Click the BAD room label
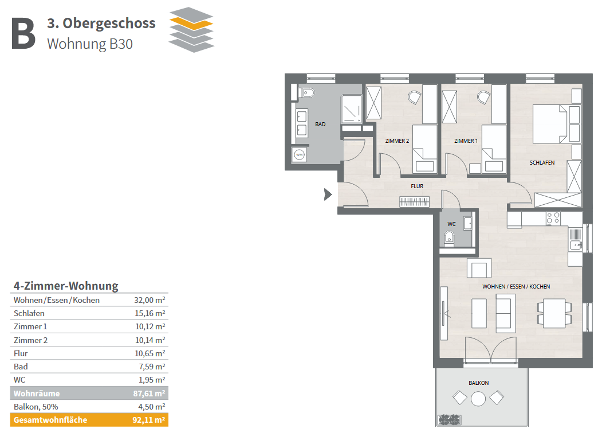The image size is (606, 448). [x=320, y=124]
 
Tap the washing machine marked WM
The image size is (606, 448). [x=300, y=155]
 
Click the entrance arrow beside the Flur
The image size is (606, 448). [x=328, y=194]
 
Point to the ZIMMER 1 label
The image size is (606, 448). [x=466, y=141]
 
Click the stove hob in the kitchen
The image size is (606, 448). [x=553, y=219]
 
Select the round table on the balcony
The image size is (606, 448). [x=478, y=399]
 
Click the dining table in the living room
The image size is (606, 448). [x=554, y=313]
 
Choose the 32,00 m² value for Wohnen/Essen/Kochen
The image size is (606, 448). [x=149, y=300]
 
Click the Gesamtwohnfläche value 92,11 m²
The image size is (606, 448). [x=149, y=420]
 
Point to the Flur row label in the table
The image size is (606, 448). [x=21, y=353]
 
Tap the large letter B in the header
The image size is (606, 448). [x=23, y=34]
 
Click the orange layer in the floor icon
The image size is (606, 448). [x=191, y=24]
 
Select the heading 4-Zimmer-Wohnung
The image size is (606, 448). [x=66, y=286]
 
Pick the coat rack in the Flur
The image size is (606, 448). [x=414, y=202]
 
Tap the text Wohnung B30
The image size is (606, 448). [x=90, y=44]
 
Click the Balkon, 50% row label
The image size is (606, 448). [x=36, y=407]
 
